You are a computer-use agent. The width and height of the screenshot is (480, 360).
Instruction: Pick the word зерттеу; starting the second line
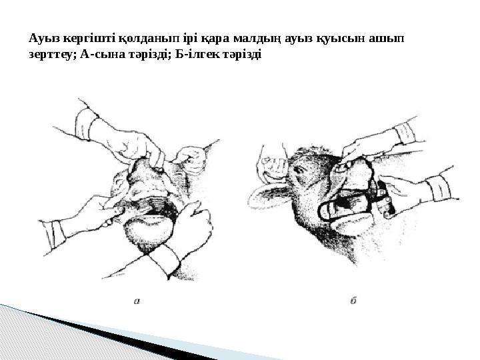pos(53,55)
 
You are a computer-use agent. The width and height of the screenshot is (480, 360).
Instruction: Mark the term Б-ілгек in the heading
pos(197,54)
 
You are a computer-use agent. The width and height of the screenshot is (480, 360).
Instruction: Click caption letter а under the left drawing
pos(137,301)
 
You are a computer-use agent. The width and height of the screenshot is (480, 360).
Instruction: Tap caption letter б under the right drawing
pos(353,300)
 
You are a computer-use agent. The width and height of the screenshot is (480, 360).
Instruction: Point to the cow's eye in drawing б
pos(298,169)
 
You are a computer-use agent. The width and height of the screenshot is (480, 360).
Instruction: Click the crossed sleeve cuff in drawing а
pos(165,260)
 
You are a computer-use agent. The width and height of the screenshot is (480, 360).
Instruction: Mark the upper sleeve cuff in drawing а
pos(86,124)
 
